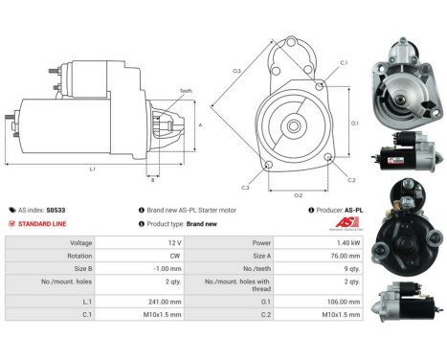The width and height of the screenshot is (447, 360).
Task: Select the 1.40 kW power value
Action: coord(344,243)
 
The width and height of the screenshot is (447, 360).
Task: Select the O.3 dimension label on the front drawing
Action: coord(235,70)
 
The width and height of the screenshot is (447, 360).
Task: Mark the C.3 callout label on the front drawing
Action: coord(245,188)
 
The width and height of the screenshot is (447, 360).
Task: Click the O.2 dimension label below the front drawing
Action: coord(298,194)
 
